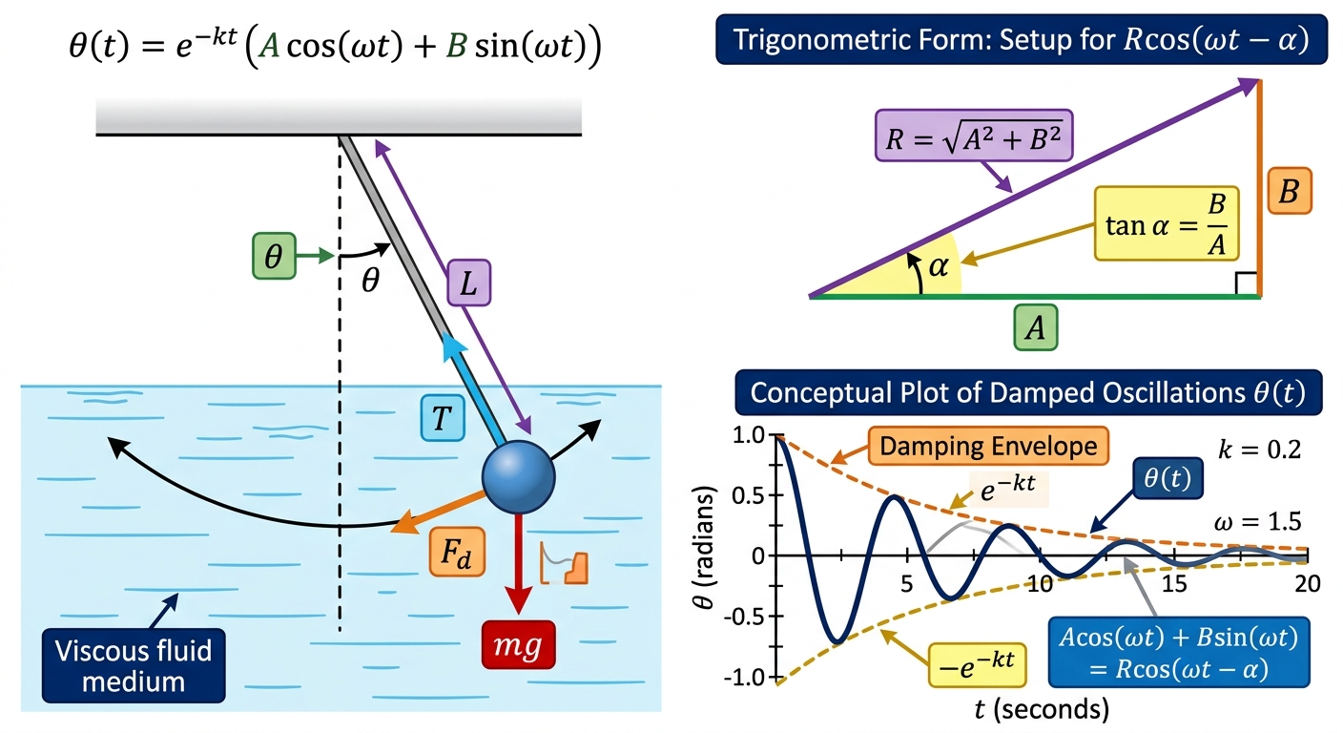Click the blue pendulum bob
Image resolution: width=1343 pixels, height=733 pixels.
519,477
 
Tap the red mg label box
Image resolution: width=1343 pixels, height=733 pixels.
519,645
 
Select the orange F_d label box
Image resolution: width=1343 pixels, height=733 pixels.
457,552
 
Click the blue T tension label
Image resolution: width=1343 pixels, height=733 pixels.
443,418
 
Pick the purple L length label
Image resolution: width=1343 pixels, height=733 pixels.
469,283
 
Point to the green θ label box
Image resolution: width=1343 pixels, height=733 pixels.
274,256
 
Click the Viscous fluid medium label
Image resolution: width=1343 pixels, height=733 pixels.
134,666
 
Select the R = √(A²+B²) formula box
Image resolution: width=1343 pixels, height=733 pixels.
974,136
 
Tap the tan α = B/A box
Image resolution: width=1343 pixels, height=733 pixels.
1167,223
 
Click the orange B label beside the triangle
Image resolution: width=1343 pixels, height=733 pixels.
1290,191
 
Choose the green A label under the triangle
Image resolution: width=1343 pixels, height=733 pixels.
1036,327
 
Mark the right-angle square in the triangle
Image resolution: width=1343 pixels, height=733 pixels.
1246,283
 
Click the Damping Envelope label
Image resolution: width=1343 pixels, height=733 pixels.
988,447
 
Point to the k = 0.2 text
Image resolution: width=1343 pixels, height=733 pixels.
1260,450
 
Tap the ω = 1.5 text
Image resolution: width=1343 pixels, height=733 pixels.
1258,521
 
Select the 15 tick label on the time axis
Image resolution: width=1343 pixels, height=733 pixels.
1174,583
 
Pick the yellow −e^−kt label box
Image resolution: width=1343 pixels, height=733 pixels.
978,664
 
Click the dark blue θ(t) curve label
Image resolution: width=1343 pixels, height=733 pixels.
1167,478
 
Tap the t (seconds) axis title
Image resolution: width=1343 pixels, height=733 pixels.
1042,709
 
